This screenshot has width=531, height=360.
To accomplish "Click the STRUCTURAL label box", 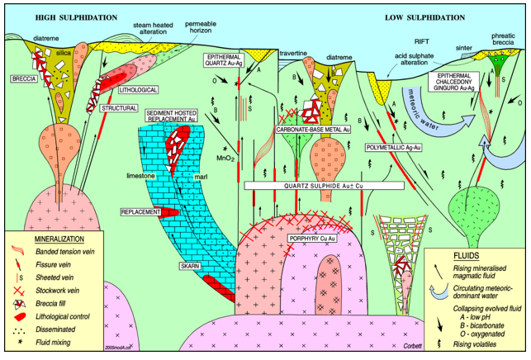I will pos(119,107).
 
